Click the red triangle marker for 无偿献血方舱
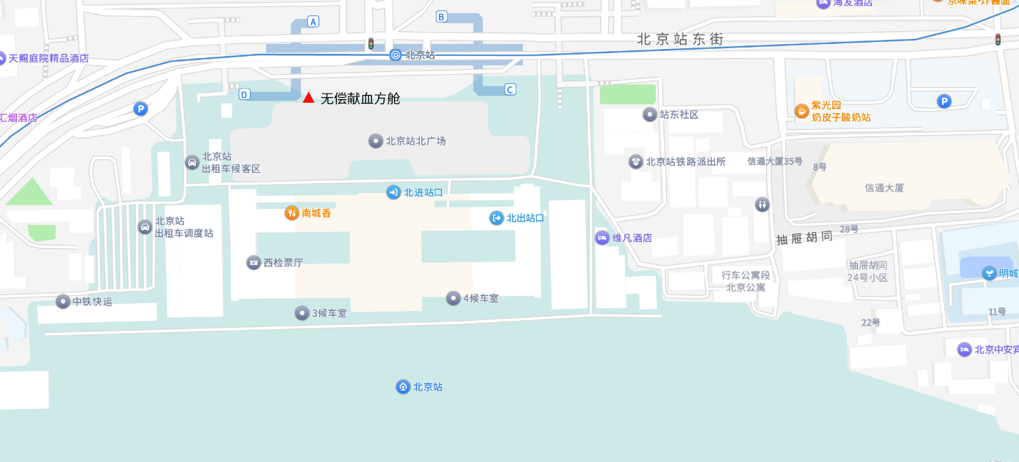pos(308,98)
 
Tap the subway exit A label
pos(313,22)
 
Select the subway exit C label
pos(509,89)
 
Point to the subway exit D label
pos(244,94)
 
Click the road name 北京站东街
pos(680,39)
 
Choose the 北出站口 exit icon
pos(496,218)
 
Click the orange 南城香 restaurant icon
pos(292,213)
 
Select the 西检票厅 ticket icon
pos(253,263)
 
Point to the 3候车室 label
pos(328,313)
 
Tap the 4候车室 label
pos(480,298)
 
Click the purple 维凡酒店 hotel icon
pos(602,238)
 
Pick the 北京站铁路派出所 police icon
pos(635,161)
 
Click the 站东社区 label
pos(679,115)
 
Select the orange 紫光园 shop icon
pos(801,110)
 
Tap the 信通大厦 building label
pos(885,188)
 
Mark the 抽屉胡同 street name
pos(805,238)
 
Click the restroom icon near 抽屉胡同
pos(762,204)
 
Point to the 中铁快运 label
pos(92,302)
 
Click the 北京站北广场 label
pos(416,141)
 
